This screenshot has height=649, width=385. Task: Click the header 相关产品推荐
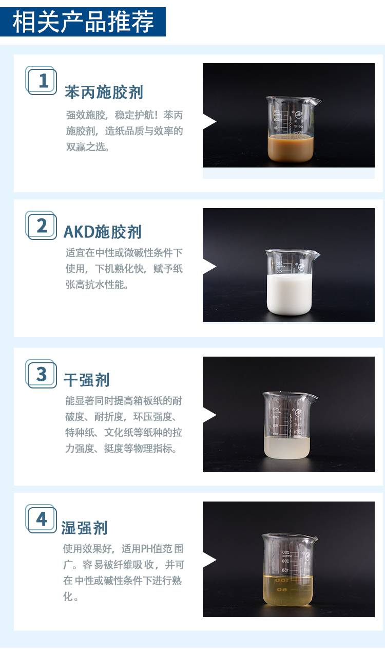[83, 22]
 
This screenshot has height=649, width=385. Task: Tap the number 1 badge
[41, 80]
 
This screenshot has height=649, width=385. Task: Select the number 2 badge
[41, 225]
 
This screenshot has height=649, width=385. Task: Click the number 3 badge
[41, 374]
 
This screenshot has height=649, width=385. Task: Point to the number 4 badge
[41, 518]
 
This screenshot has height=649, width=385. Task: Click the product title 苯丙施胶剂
[104, 92]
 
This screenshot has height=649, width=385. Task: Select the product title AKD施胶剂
[103, 232]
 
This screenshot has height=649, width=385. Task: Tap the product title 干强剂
[87, 380]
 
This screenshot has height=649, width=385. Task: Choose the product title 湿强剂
[84, 528]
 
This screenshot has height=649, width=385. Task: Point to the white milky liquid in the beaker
[289, 294]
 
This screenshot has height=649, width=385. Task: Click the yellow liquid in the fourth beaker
[288, 591]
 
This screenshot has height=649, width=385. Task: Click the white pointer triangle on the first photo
[209, 121]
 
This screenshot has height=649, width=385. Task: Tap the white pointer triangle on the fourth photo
[209, 560]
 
